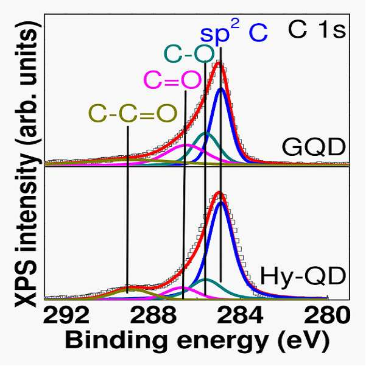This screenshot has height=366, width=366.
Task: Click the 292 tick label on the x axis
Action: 66,315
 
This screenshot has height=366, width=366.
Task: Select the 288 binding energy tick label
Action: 153,315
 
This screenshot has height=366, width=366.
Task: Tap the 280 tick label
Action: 327,315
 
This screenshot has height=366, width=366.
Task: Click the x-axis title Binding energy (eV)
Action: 197,342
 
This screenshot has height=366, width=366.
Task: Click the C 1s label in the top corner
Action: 317,30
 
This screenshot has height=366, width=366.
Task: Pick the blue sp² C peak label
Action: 234,34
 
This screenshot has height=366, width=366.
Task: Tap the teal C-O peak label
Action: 189,54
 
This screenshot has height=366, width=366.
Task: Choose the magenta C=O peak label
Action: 172,80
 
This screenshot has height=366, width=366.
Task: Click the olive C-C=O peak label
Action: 133,114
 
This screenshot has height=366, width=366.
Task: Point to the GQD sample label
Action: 314,147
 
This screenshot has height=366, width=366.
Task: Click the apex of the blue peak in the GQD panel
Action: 221,89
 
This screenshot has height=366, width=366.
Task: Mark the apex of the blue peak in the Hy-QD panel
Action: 220,203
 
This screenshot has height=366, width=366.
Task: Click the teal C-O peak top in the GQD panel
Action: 205,133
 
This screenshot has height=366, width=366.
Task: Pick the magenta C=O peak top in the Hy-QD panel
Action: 182,287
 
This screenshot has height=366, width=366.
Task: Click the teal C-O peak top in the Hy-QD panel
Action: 206,280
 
